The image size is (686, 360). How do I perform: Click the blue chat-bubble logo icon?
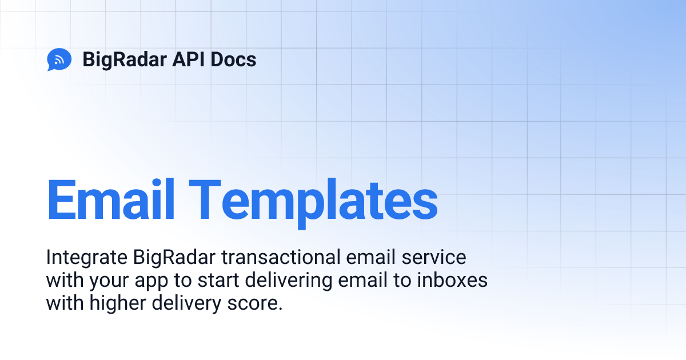tap(59, 59)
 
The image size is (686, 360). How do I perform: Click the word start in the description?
tap(210, 281)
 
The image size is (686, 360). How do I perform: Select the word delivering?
tap(280, 281)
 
